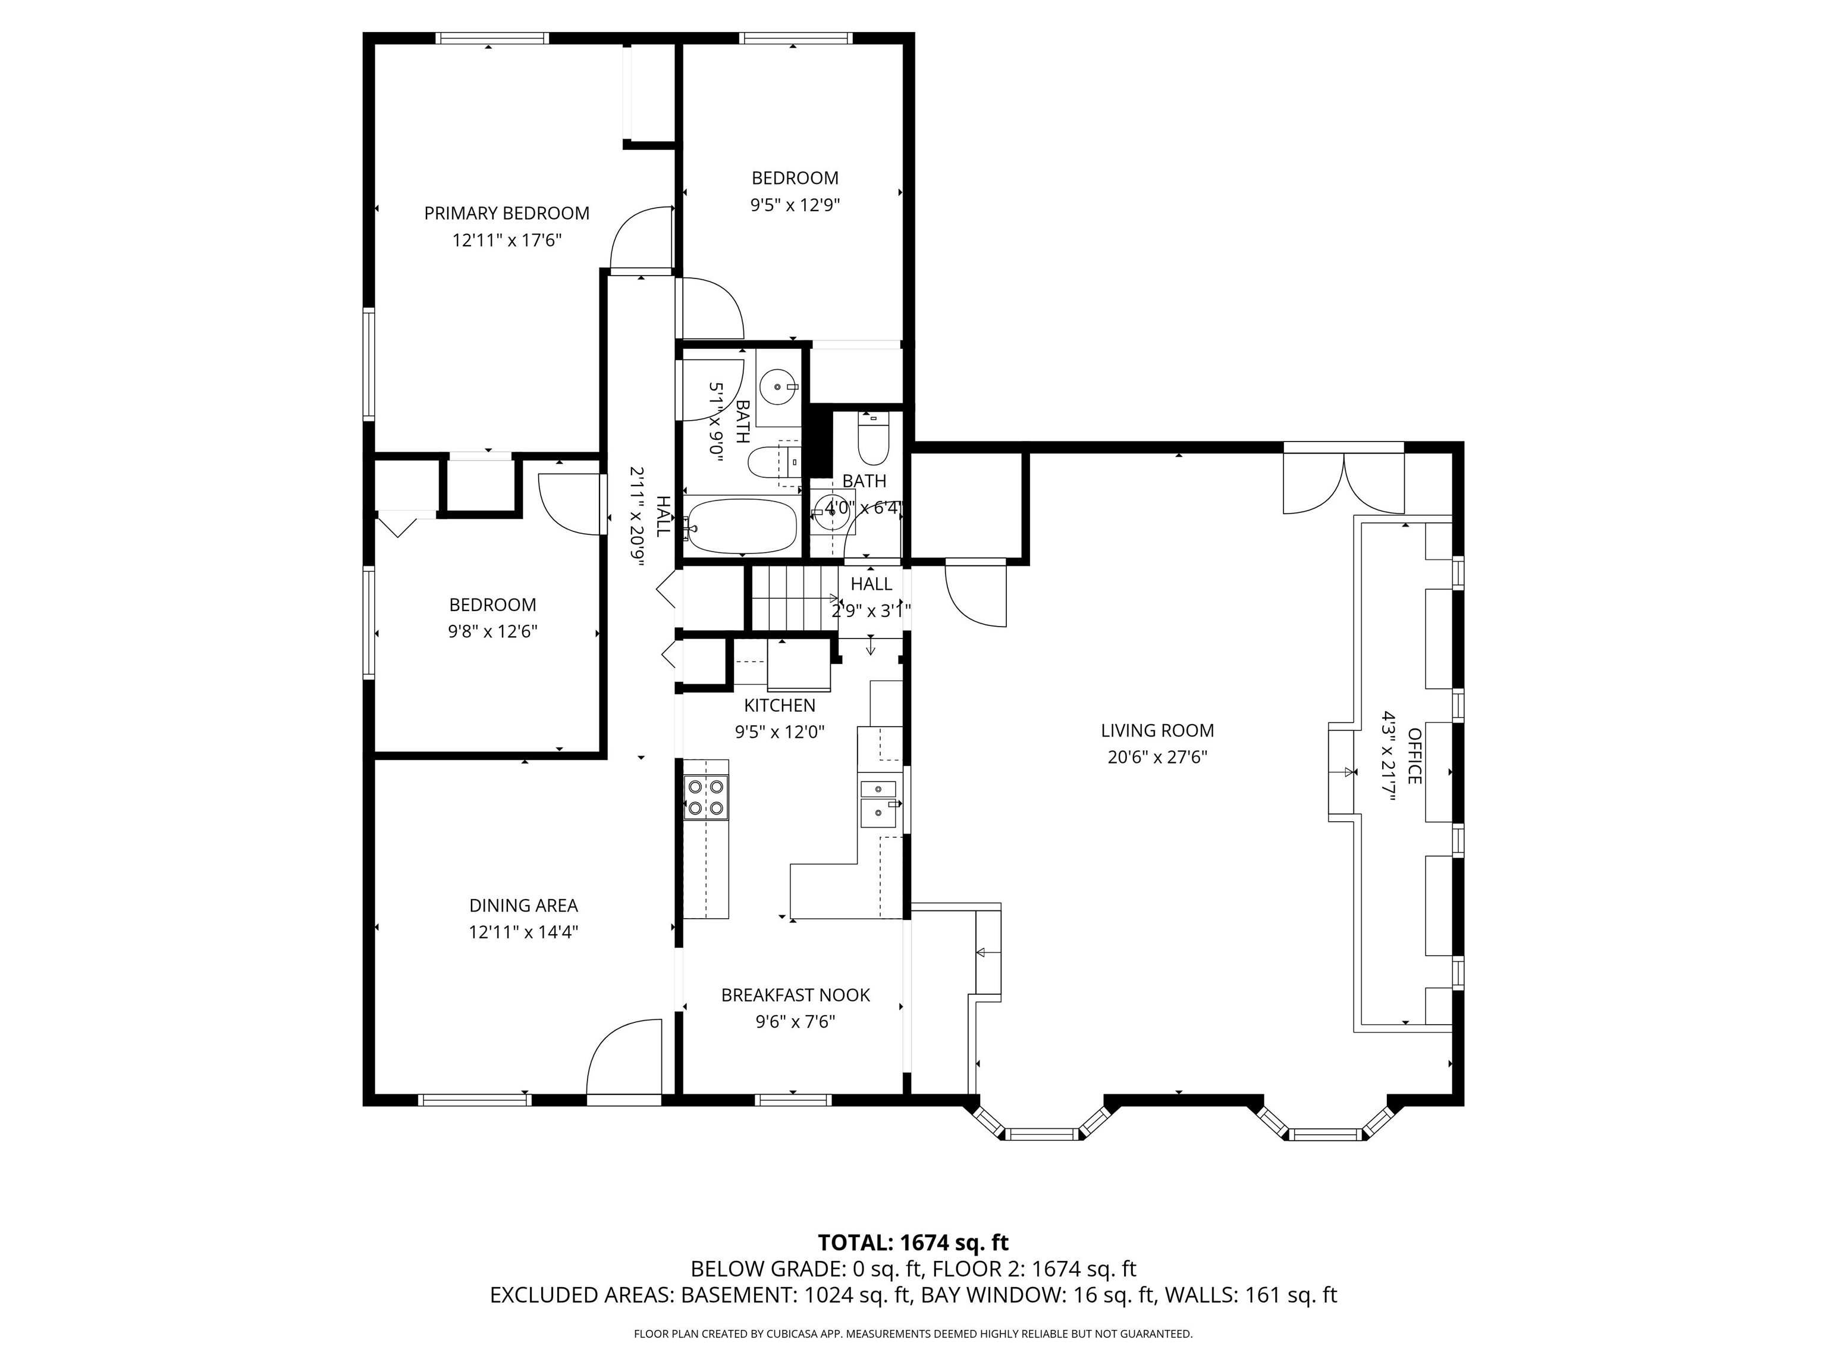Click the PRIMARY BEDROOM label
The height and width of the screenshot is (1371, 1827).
click(506, 213)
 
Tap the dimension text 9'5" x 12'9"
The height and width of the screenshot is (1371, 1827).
click(795, 205)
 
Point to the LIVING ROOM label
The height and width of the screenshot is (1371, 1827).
click(1157, 731)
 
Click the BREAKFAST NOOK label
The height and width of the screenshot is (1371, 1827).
click(795, 995)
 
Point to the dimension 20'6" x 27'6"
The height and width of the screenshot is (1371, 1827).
click(1157, 757)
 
